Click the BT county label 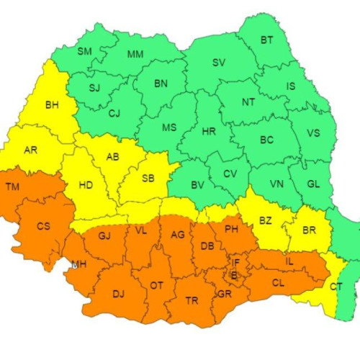coord(266,40)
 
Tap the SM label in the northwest coord(85,51)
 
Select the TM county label coord(12,187)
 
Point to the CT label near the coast coord(336,287)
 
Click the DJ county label coord(119,294)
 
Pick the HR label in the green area coord(209,132)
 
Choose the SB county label coord(148,179)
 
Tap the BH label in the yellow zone coord(52,105)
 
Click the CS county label coord(43,226)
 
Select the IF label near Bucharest coord(236,264)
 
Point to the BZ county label coord(265,220)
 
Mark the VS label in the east coord(313,133)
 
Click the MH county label coord(78,265)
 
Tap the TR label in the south coord(192,300)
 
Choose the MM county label coord(135,55)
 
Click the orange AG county coord(177,235)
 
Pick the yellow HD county coord(85,185)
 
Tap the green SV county coord(219,63)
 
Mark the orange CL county coord(277,283)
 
